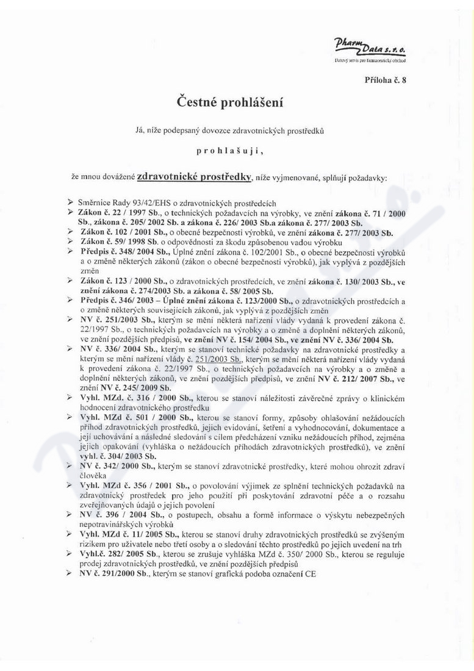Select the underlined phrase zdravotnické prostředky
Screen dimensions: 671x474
tap(195, 177)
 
